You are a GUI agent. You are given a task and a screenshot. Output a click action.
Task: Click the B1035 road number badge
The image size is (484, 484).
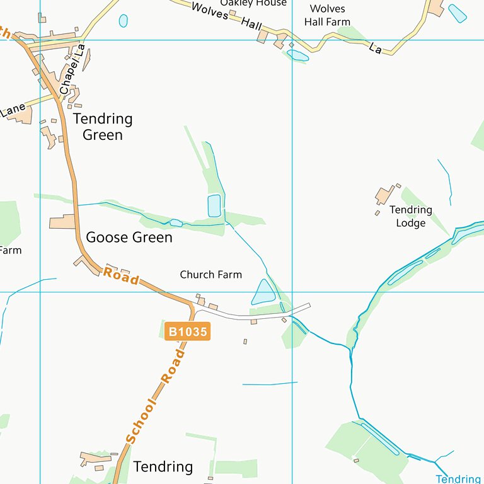point(187,331)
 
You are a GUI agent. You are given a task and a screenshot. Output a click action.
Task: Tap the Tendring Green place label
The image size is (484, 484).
point(103,127)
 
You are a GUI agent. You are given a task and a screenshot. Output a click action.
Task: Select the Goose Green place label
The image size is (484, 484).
point(129,238)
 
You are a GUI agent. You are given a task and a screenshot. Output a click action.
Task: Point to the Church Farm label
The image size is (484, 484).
point(210,275)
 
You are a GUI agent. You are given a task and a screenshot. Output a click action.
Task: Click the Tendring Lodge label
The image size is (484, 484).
point(410,216)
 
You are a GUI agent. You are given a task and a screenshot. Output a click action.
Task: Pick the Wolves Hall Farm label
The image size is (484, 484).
point(327,15)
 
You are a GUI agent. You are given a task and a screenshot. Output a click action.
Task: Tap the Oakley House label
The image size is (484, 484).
point(253,3)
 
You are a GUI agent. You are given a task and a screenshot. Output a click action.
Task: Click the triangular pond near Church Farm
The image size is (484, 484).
point(263,293)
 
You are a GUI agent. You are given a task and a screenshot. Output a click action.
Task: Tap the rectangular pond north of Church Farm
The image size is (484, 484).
point(214,205)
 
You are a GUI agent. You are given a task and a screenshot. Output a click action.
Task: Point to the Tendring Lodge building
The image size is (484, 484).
point(384,195)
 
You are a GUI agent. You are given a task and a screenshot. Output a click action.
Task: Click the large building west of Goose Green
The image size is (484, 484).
point(62,222)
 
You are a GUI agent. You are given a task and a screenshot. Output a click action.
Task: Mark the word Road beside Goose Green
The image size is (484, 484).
point(121,275)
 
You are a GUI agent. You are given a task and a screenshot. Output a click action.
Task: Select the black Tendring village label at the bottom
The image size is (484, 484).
point(163,467)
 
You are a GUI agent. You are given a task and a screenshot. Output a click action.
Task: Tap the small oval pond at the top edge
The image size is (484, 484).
point(123,21)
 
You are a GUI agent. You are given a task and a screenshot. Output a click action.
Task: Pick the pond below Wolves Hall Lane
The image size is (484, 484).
point(297,55)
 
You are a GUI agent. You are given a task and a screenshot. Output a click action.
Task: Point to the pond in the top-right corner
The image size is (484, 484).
point(458,13)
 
